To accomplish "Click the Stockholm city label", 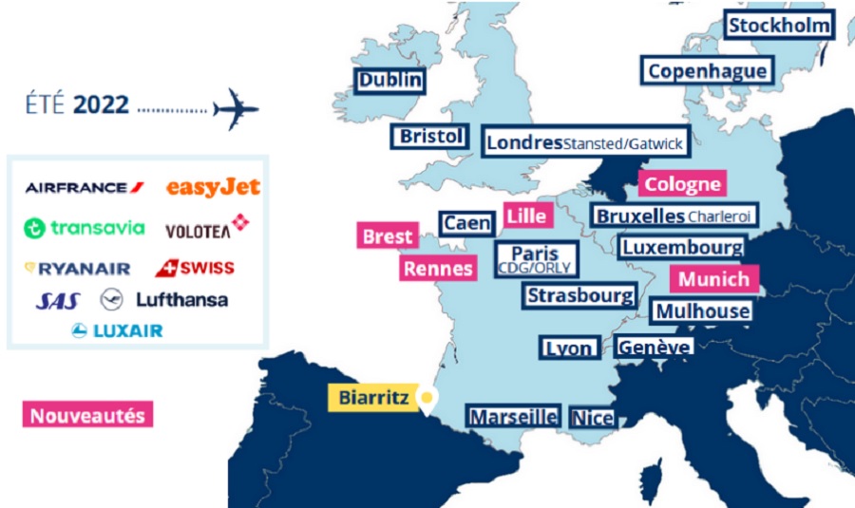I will [x=779, y=25].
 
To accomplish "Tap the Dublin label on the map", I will [x=389, y=81].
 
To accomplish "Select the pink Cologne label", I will [x=683, y=184].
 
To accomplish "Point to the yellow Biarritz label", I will [x=374, y=398].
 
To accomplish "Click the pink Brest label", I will [x=388, y=236].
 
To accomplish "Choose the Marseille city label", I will [x=513, y=417].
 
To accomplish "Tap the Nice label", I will [x=593, y=418].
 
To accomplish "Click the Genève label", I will [x=654, y=348].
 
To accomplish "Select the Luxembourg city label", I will [x=681, y=248].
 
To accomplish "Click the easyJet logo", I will [x=213, y=187].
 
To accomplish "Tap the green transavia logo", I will [x=85, y=228].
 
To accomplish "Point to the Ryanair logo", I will [x=78, y=269].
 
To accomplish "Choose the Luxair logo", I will [x=117, y=330].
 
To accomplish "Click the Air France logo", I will [x=85, y=187].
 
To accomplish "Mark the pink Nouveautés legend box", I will [x=87, y=415].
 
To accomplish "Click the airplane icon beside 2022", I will [x=236, y=109].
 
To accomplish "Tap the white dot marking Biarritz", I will [x=427, y=397].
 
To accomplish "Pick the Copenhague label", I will [x=707, y=70].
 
